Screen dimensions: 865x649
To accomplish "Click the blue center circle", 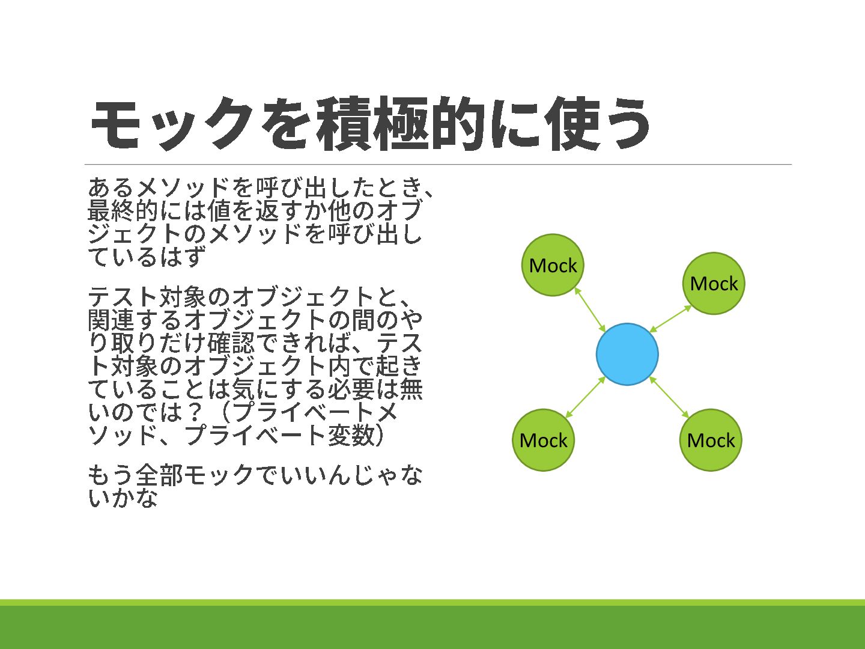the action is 627,354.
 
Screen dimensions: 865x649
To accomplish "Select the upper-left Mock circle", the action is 553,265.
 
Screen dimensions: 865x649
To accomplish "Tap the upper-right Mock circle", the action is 714,283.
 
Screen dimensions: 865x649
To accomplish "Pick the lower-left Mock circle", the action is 543,440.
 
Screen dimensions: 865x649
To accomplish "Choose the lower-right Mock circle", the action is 711,440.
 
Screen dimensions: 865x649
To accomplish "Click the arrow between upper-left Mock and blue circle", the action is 590,309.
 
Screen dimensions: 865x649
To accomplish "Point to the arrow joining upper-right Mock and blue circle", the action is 671,318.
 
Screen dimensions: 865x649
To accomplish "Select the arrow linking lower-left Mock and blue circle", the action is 585,397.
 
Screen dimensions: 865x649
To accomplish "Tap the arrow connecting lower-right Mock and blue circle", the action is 669,397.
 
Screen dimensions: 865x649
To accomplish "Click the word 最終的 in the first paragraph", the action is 123,211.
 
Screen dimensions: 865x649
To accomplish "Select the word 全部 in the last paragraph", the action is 159,475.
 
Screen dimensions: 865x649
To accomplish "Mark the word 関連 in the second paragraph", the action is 111,320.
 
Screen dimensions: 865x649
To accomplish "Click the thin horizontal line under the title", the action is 438,164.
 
